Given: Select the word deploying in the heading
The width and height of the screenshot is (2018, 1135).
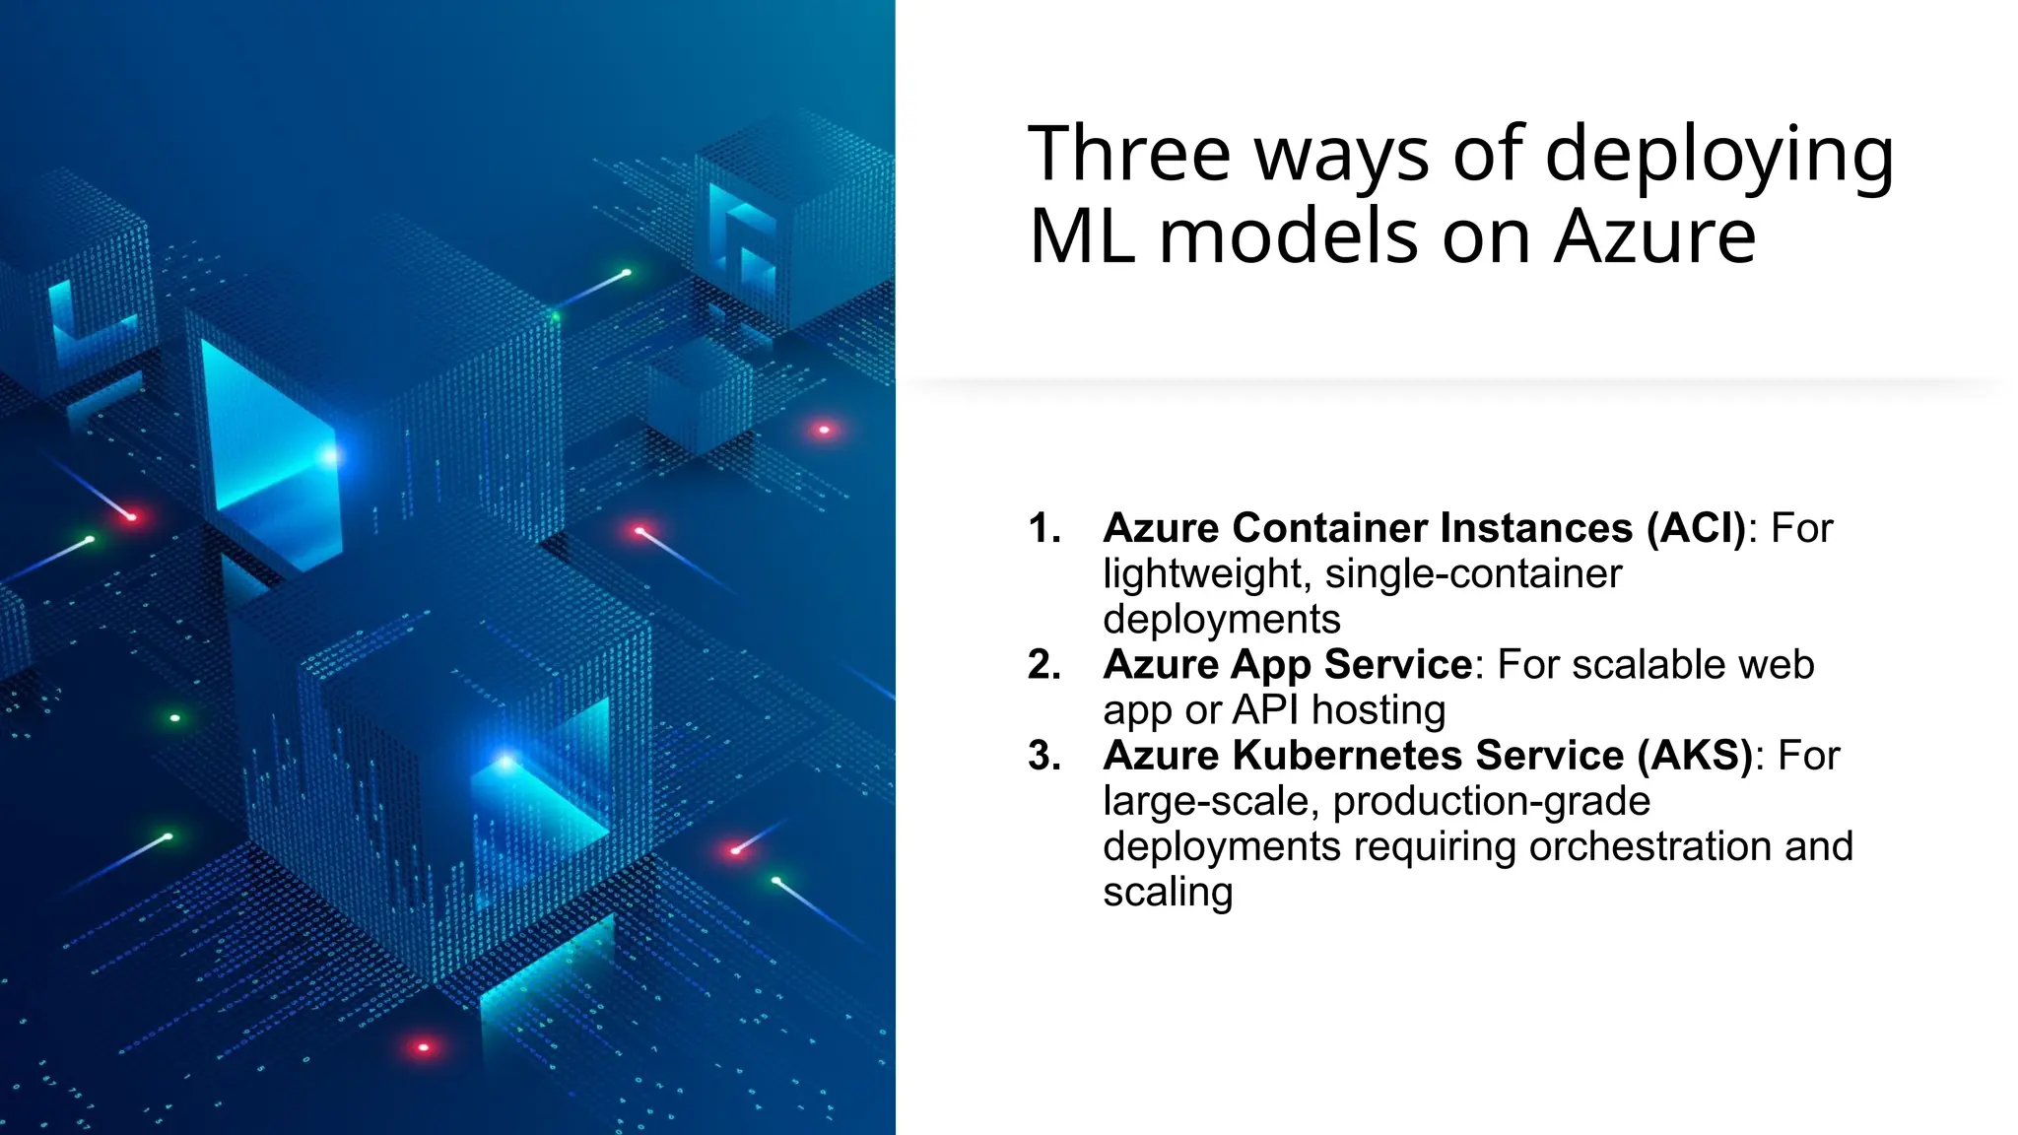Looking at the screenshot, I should click(x=1718, y=156).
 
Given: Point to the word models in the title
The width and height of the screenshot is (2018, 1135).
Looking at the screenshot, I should click(x=1291, y=237).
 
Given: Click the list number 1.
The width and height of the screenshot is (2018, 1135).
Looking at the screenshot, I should click(x=1043, y=528).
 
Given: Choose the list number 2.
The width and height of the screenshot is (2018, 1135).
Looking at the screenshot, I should click(x=1043, y=665).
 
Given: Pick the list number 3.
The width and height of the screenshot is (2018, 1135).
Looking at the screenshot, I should click(x=1043, y=756).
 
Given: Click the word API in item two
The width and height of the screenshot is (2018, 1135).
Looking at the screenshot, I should click(x=1266, y=710).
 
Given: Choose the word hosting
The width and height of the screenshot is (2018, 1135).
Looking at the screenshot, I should click(x=1379, y=710).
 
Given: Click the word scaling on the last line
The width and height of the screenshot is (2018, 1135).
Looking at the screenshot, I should click(x=1168, y=893).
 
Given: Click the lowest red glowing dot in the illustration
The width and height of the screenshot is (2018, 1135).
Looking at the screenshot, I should click(x=424, y=1047).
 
